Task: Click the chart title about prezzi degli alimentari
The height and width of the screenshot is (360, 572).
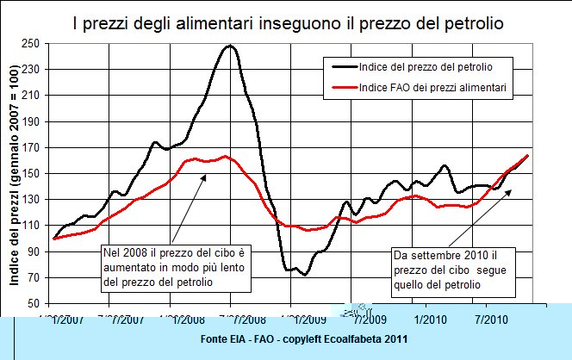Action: tap(286, 18)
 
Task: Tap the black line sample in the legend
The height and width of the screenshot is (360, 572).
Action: tap(345, 65)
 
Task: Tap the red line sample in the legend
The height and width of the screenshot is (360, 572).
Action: tap(345, 87)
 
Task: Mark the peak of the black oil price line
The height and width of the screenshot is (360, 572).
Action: tap(229, 46)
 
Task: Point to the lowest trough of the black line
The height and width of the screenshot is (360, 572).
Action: tap(304, 275)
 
